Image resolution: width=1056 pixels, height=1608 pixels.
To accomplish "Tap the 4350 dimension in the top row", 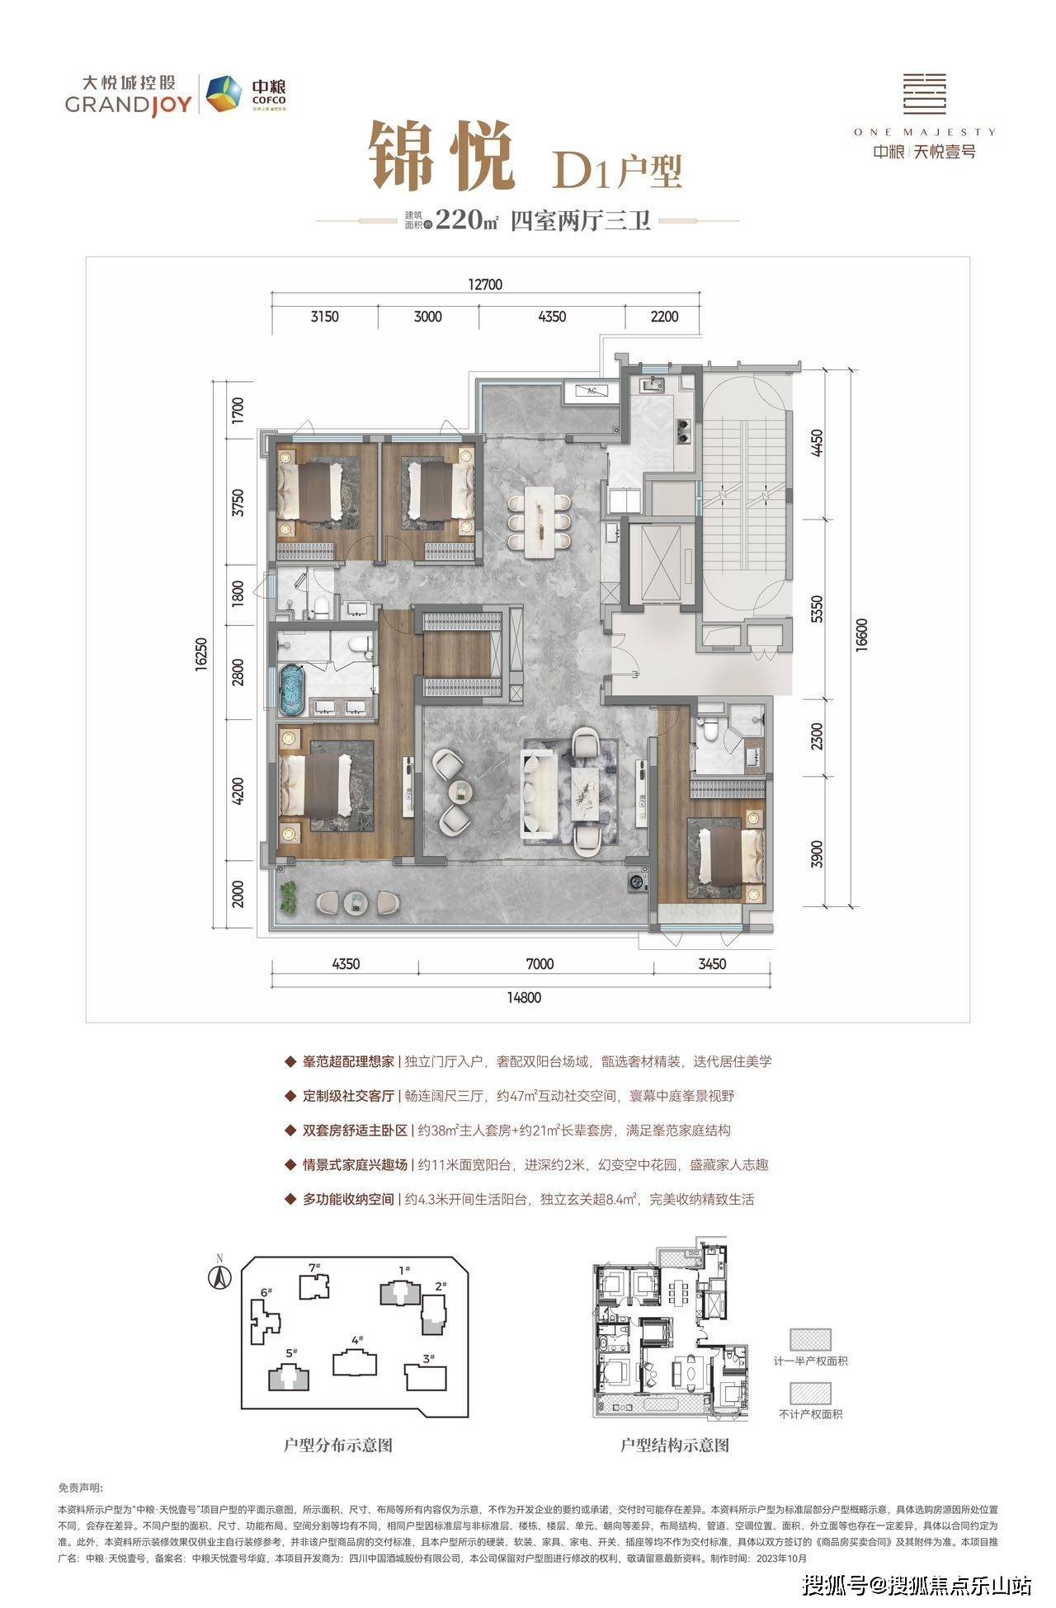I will click(x=551, y=317).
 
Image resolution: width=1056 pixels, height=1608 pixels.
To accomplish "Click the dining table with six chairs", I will click(x=540, y=517).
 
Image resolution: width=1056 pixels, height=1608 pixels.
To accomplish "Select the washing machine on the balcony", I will click(x=638, y=882).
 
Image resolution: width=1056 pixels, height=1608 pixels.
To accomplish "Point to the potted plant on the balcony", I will click(x=289, y=896).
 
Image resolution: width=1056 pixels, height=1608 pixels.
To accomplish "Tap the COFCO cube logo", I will click(x=220, y=93).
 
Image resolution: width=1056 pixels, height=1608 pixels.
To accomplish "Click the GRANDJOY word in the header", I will click(x=128, y=105).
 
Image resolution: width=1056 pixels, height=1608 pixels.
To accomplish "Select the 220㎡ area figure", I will click(x=467, y=220).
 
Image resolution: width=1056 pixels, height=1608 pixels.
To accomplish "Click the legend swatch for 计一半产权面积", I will click(x=810, y=1339).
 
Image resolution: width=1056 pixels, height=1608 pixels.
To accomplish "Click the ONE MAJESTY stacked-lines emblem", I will click(x=924, y=92).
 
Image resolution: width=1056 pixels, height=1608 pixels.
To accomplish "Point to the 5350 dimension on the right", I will click(x=817, y=609).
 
